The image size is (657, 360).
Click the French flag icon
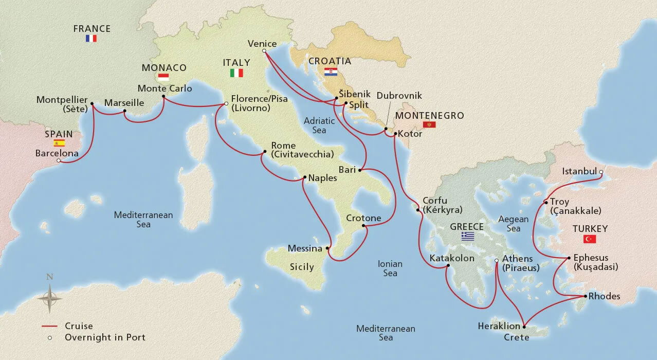92,39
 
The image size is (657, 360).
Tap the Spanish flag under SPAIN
59,143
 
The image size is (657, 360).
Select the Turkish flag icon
589,239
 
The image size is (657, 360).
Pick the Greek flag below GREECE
467,236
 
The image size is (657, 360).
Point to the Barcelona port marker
59,161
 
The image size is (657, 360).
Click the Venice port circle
264,51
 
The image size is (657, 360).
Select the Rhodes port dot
585,297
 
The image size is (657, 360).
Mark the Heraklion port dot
524,327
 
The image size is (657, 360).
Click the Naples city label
322,178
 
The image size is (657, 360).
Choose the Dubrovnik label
399,96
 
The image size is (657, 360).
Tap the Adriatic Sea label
319,125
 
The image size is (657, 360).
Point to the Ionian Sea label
390,268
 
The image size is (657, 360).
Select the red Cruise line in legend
49,326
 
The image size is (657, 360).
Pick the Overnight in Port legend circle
50,338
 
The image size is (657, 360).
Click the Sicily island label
302,267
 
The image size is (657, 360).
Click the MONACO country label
164,68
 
